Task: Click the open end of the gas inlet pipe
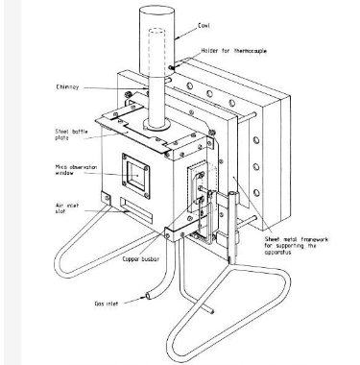145,301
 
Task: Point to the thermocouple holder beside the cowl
172,67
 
